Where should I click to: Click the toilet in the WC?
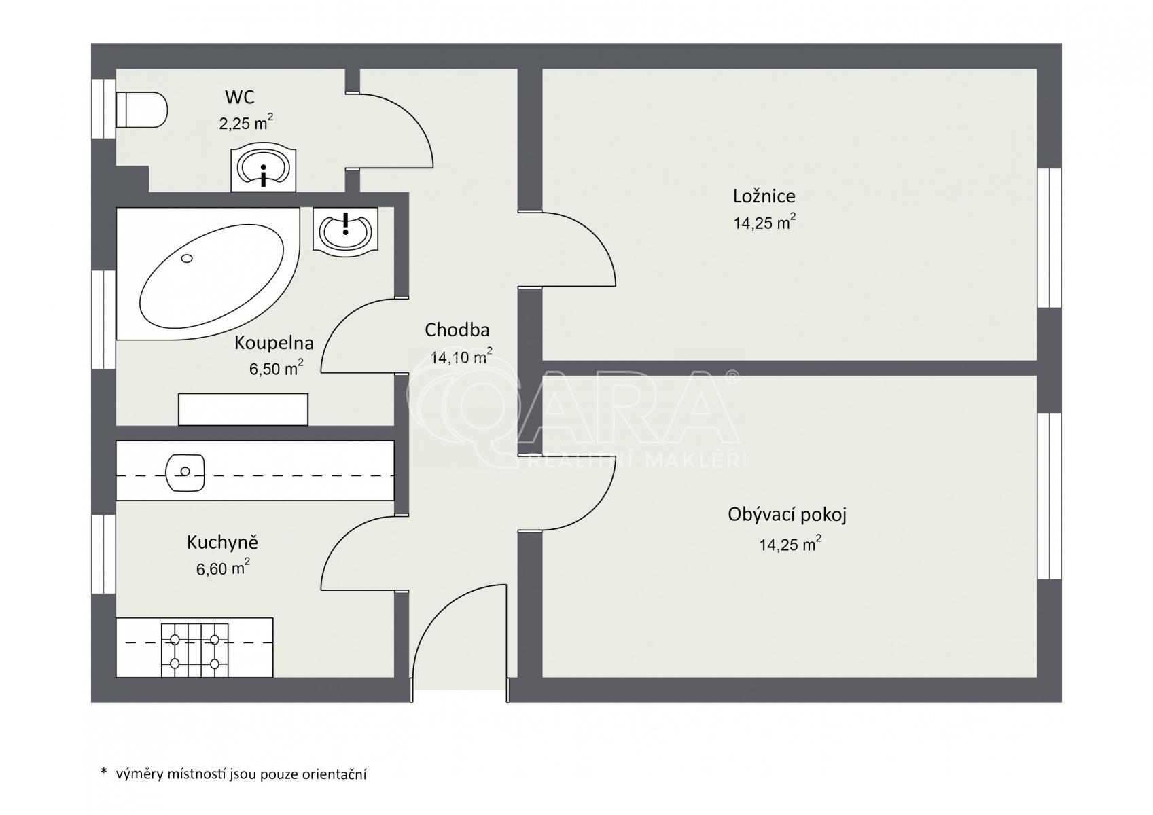point(141,109)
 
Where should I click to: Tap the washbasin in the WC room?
point(263,167)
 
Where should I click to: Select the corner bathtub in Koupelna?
point(208,273)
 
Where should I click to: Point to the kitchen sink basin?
point(185,472)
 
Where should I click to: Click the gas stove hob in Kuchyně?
point(194,651)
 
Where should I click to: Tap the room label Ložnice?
point(764,196)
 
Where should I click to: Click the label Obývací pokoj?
point(787,515)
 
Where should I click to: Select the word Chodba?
point(457,330)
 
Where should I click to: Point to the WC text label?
point(239,96)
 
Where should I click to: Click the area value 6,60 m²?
point(223,568)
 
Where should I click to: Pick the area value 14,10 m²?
point(461,356)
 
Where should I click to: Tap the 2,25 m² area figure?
point(246,122)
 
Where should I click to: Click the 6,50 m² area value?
point(276,368)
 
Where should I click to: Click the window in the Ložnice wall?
point(1049,238)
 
